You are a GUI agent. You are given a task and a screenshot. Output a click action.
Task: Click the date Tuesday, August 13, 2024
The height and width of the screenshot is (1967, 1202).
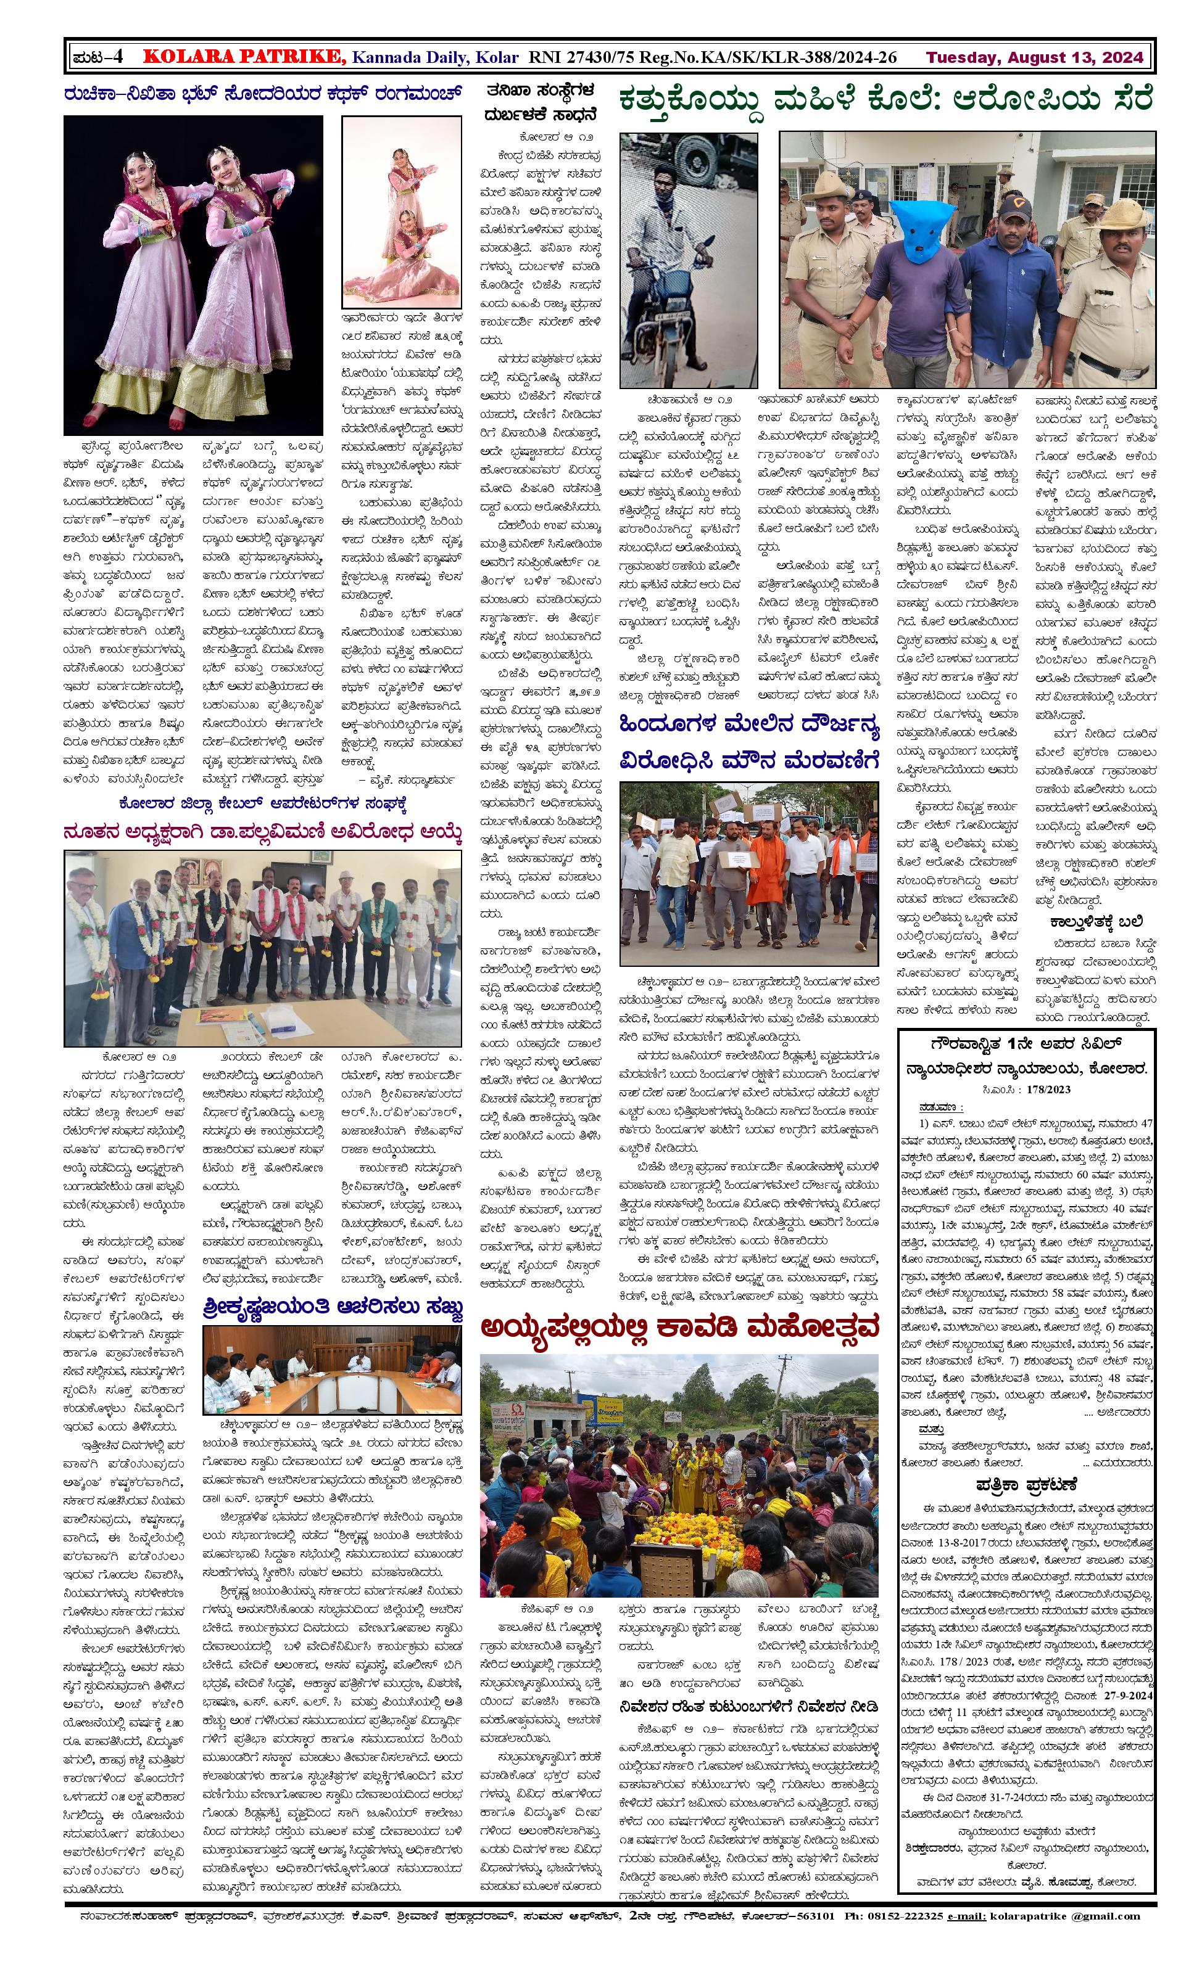click(1035, 57)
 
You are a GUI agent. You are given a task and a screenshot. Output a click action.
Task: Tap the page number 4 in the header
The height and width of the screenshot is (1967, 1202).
click(117, 57)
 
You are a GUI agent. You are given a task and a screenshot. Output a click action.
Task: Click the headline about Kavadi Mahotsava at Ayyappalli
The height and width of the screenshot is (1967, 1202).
click(679, 1328)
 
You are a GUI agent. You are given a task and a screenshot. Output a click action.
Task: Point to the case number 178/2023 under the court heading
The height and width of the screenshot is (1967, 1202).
click(1048, 1089)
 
